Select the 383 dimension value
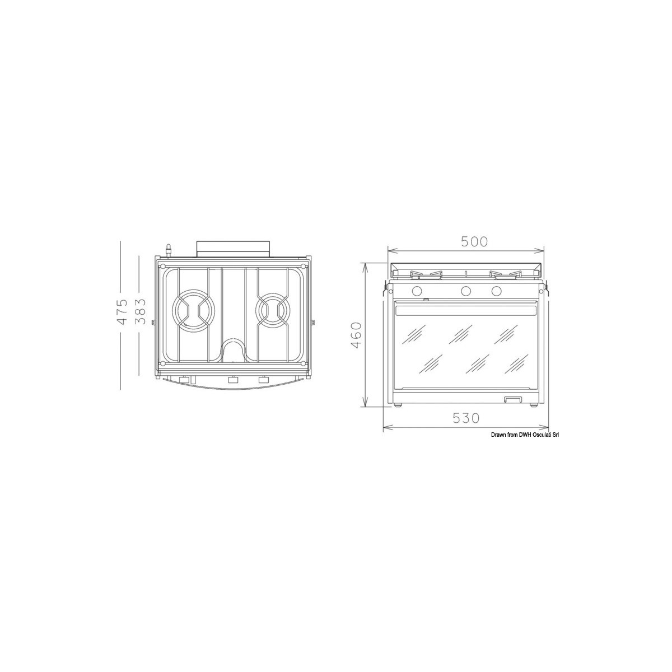tap(142, 312)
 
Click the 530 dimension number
tap(466, 418)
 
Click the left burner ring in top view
tap(193, 310)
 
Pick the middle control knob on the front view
tap(465, 291)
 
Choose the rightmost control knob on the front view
tap(496, 291)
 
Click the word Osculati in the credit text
tap(535, 435)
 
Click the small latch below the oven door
tap(512, 399)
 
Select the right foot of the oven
tap(535, 404)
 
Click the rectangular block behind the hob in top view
tap(232, 247)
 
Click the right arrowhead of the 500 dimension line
tap(542, 250)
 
